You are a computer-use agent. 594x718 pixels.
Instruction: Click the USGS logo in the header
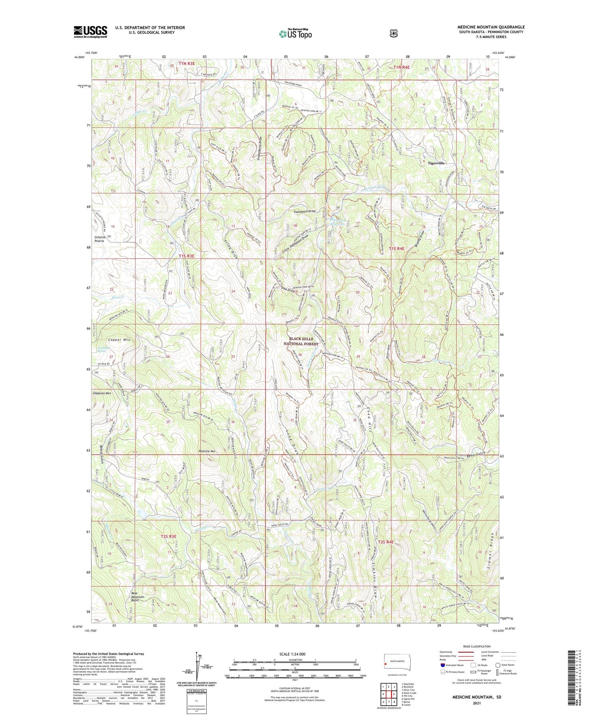(x=90, y=31)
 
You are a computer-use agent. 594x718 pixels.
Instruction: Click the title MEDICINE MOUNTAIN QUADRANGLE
(x=491, y=27)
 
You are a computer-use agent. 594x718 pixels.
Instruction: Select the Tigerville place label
(x=436, y=163)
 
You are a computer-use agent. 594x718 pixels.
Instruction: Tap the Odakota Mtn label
(x=102, y=393)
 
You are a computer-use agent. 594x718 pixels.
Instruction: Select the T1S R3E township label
(x=187, y=256)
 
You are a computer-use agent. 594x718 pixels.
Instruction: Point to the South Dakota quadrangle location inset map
(x=397, y=663)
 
